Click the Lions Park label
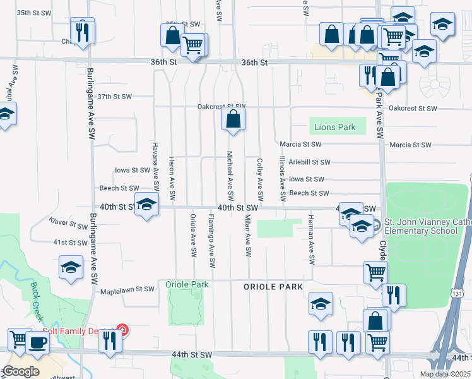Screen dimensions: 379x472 click(x=334, y=128)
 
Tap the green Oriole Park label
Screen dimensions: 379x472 click(x=187, y=285)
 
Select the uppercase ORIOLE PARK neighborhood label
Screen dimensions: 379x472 click(x=273, y=287)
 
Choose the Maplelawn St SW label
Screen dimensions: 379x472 click(x=127, y=289)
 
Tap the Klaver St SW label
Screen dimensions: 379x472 click(x=69, y=223)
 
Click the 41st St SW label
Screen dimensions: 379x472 click(x=69, y=243)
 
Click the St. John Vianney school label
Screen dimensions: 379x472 click(x=420, y=226)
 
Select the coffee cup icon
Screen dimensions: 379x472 click(x=38, y=343)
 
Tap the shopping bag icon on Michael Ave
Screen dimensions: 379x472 click(x=233, y=119)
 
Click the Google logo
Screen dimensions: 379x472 click(x=20, y=371)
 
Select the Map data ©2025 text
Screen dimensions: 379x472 click(x=445, y=374)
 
